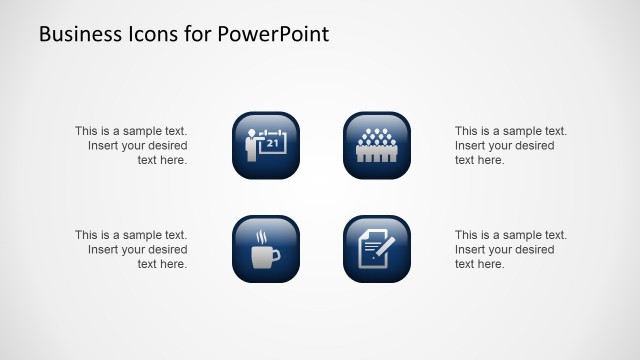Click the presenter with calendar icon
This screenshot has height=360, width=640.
[266, 145]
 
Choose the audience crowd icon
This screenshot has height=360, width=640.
[377, 145]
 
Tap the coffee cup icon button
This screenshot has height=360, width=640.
[266, 249]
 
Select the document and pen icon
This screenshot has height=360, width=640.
[377, 249]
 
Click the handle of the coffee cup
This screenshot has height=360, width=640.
[276, 257]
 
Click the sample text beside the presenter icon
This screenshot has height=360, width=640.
[131, 145]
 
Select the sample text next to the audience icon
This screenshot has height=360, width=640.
[510, 145]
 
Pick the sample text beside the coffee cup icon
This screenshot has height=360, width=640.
[131, 249]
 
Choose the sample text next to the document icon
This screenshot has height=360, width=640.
[510, 249]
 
